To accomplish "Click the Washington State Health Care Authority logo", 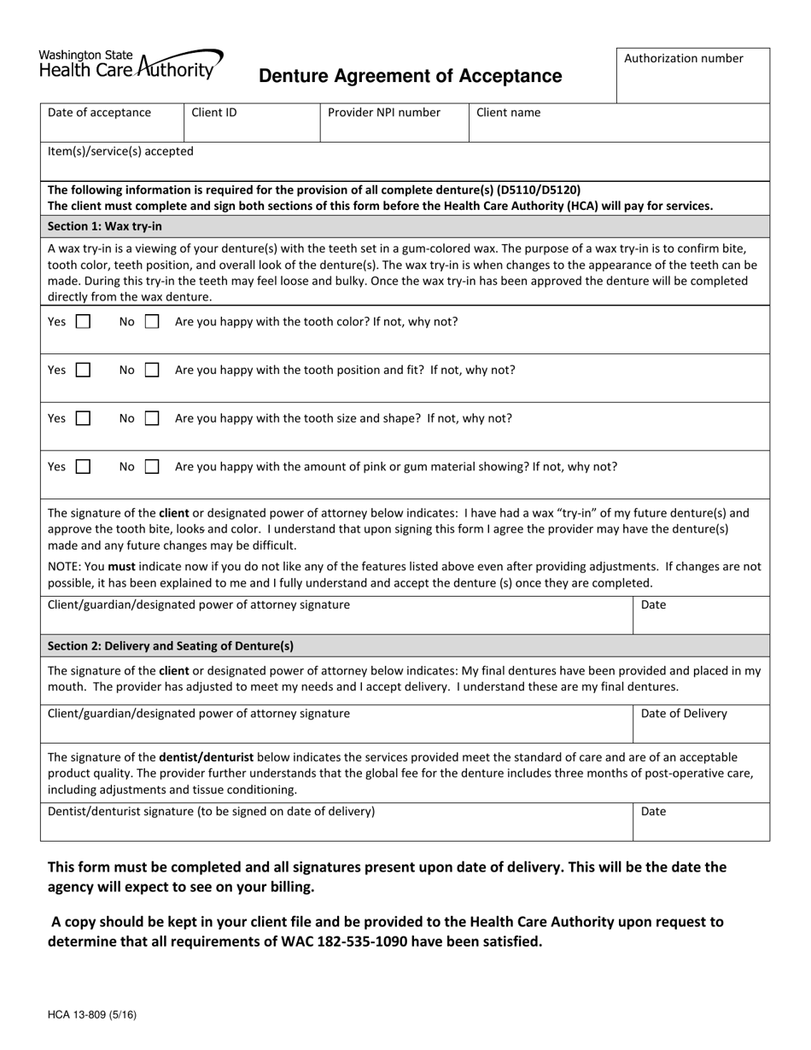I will pyautogui.click(x=131, y=64).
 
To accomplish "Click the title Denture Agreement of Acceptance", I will pyautogui.click(x=410, y=76).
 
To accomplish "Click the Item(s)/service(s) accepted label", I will pyautogui.click(x=120, y=151).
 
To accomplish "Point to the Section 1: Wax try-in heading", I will pyautogui.click(x=105, y=226).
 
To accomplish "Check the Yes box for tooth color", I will pyautogui.click(x=83, y=323).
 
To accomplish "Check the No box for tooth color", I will pyautogui.click(x=152, y=323).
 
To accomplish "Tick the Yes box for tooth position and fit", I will pyautogui.click(x=83, y=370).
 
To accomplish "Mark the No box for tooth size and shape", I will pyautogui.click(x=152, y=419).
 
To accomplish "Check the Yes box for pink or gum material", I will pyautogui.click(x=83, y=467).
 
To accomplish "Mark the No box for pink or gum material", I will pyautogui.click(x=152, y=467).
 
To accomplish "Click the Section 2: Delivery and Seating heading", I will pyautogui.click(x=171, y=645).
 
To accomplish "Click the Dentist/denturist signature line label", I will pyautogui.click(x=211, y=811).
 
